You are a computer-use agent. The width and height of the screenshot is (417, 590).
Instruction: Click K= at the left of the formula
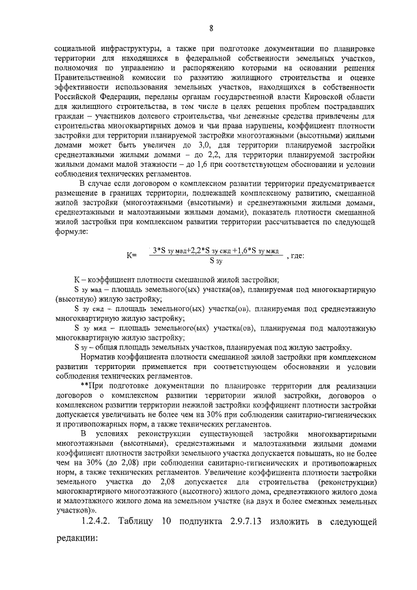131,256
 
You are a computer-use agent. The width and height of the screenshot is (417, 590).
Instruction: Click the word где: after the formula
295,256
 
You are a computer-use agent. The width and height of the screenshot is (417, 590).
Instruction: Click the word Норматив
98,357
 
